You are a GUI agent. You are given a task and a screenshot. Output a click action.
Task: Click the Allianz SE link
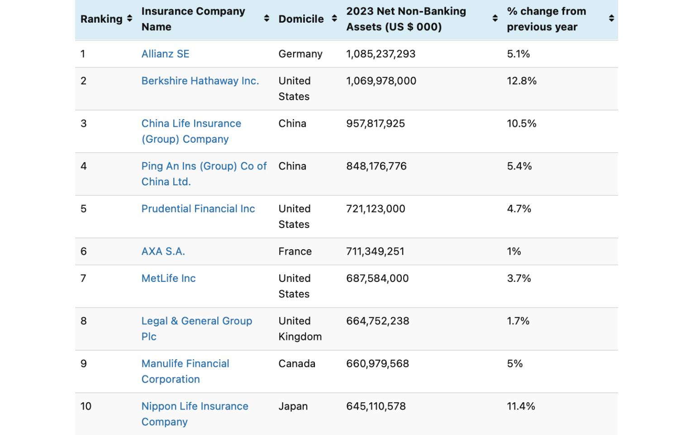165,54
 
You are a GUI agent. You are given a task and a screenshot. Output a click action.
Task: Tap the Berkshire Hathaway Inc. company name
200,81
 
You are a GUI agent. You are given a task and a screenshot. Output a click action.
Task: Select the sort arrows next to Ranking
129,19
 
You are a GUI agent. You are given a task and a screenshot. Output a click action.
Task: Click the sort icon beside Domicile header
334,19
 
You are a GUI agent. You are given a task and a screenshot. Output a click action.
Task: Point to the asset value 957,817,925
375,124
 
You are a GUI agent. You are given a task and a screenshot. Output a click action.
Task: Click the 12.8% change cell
521,81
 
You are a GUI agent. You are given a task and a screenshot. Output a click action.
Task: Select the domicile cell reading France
295,251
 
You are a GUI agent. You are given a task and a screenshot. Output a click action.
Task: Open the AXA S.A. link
163,251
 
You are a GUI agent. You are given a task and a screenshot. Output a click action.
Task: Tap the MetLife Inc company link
168,279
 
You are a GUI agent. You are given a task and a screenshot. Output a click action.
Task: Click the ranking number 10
86,406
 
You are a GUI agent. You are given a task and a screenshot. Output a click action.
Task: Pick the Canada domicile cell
296,364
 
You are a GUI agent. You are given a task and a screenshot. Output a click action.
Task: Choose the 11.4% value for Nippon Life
520,406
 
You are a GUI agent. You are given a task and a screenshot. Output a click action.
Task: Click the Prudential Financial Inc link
198,209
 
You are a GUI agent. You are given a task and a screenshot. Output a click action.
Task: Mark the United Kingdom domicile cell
300,329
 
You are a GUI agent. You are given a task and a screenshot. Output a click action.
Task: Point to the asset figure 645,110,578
376,406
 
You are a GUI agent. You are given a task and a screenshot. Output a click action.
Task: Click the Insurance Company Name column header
193,19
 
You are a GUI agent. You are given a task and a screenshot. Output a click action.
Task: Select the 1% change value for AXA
514,251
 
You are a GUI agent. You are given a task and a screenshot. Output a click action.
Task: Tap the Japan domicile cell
293,406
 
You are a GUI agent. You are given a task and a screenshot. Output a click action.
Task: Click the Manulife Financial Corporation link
185,372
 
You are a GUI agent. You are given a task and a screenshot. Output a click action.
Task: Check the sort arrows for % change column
611,19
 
